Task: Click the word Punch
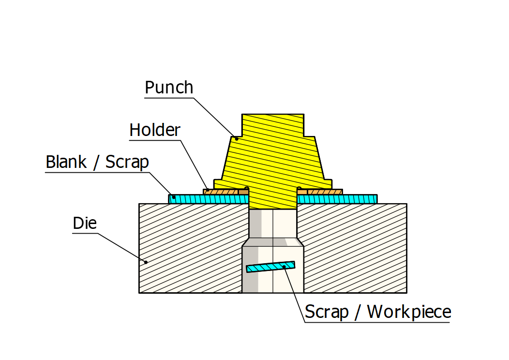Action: (169, 88)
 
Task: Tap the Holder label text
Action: (155, 130)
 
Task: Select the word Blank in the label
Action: (66, 162)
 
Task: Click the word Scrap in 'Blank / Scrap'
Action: (127, 162)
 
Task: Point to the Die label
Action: (85, 223)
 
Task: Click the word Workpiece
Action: (409, 312)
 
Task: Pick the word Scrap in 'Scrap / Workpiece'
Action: (327, 312)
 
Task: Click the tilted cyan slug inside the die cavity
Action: (270, 267)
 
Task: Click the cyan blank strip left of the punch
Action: (208, 199)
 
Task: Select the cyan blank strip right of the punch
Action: (337, 199)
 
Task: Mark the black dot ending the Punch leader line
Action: (237, 138)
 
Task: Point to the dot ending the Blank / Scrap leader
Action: (174, 197)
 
